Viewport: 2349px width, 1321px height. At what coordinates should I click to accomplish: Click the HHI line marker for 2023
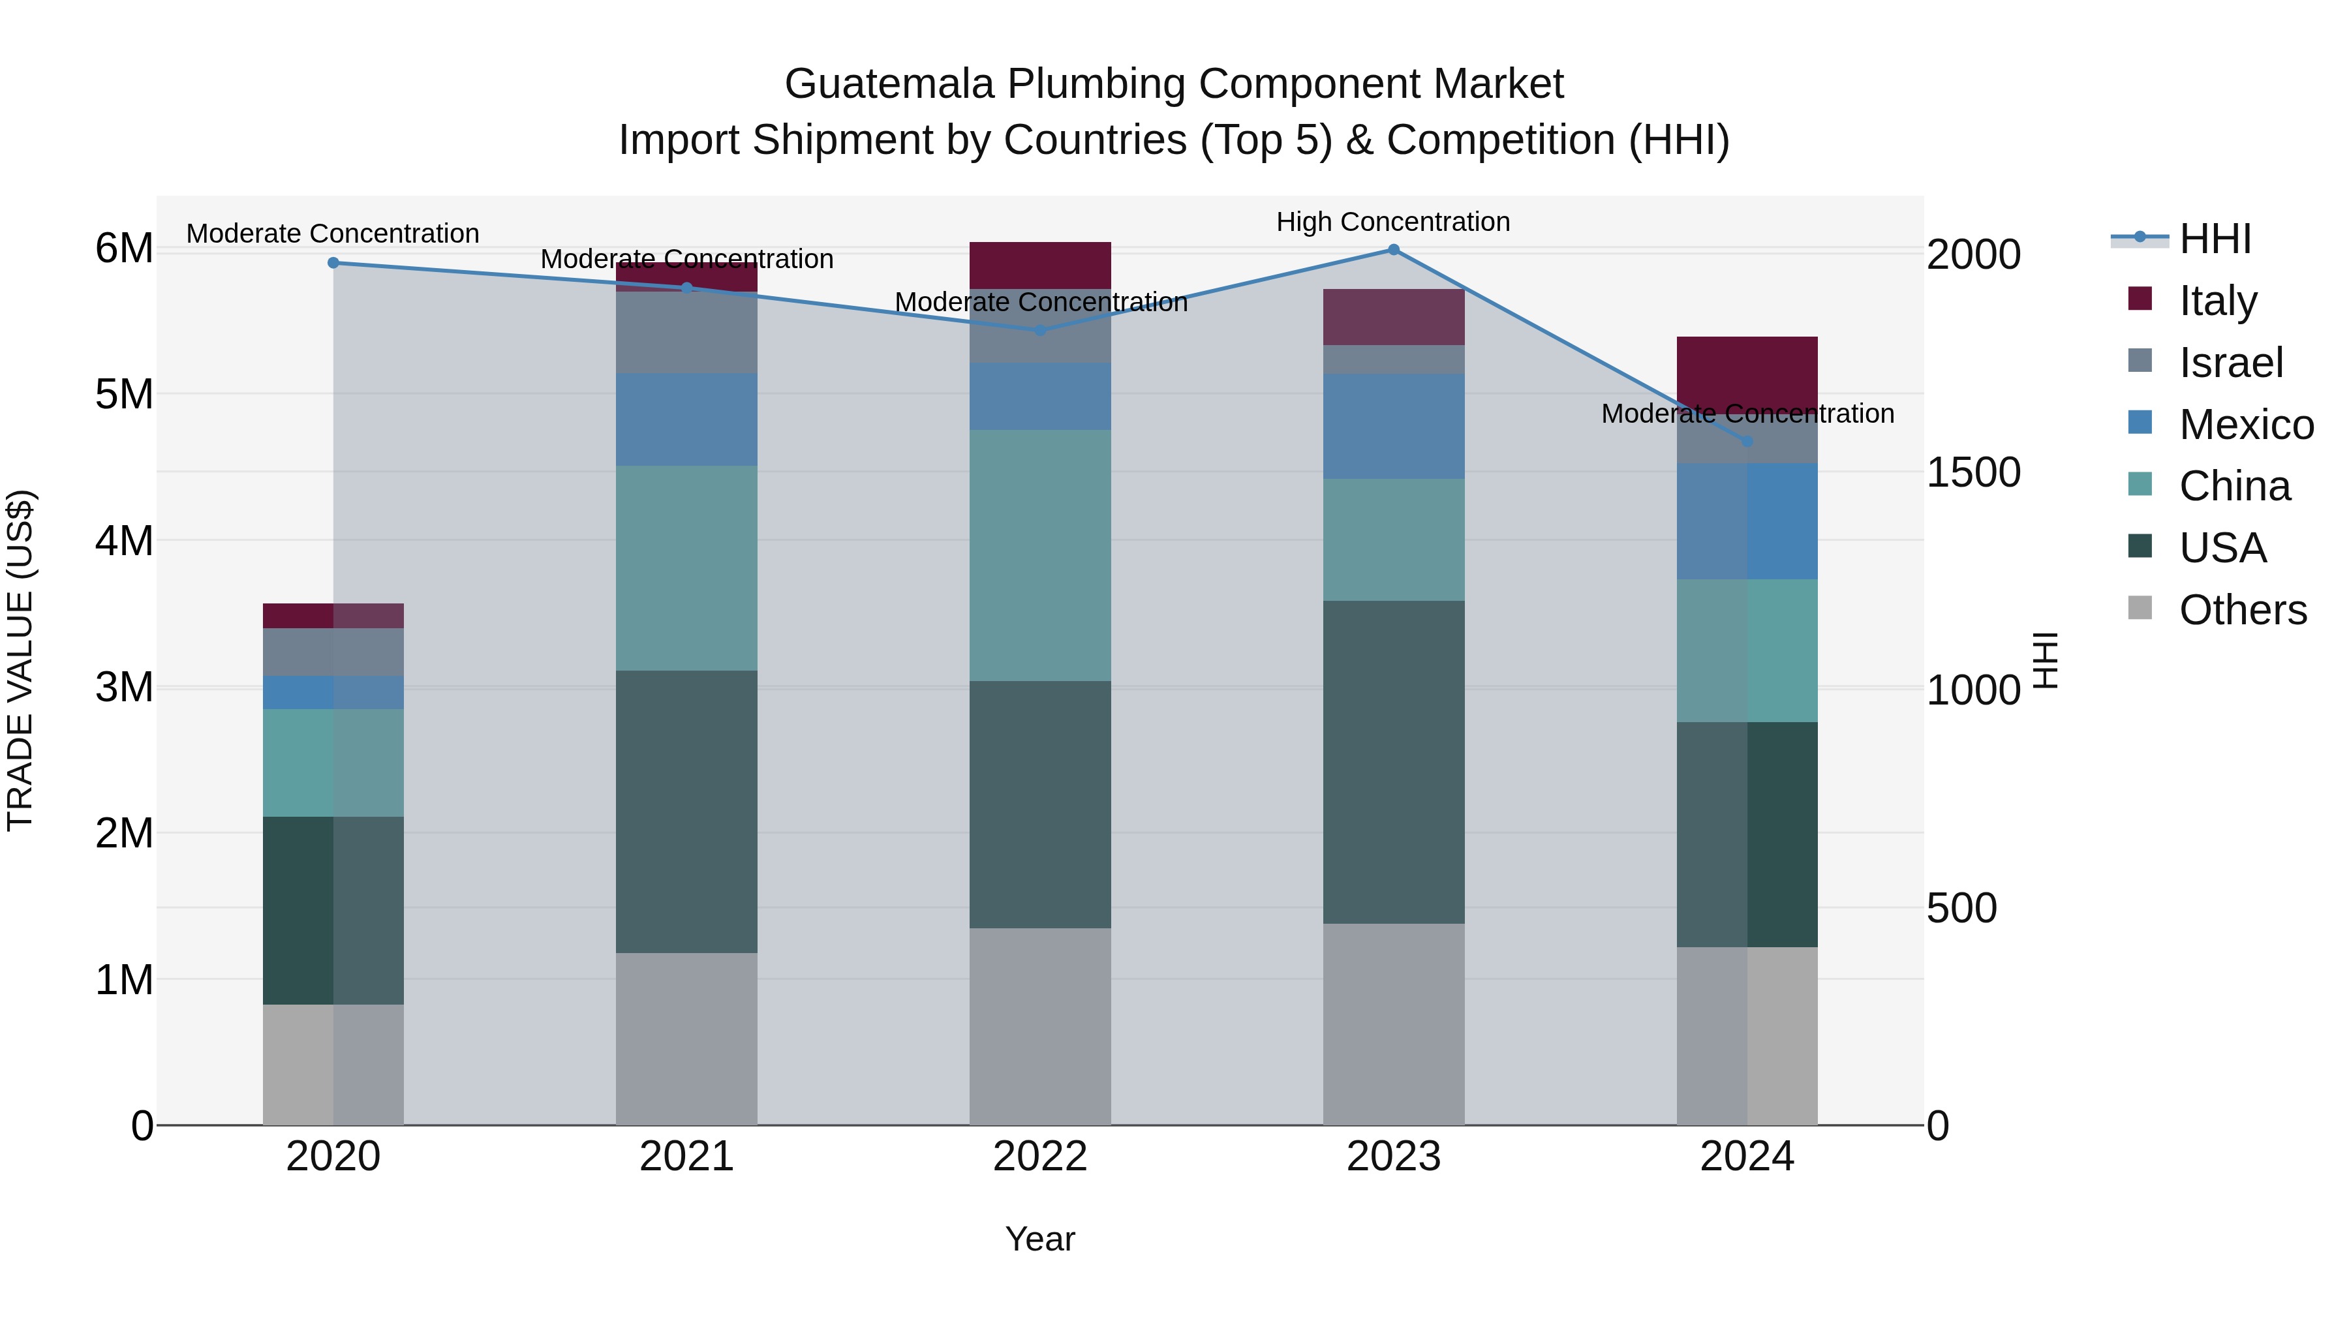(x=1393, y=250)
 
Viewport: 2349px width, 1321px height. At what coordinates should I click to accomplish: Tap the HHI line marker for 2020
(x=333, y=262)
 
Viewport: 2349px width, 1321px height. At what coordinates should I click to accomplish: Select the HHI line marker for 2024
(x=1747, y=441)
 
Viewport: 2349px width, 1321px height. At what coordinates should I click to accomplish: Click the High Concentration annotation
(x=1392, y=222)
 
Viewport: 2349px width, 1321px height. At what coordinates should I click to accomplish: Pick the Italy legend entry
(x=2218, y=300)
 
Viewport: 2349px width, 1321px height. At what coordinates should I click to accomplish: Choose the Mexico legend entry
(x=2246, y=424)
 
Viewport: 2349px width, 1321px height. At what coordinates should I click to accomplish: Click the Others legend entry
(x=2242, y=610)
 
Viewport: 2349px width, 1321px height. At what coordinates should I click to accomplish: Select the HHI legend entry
(x=2215, y=239)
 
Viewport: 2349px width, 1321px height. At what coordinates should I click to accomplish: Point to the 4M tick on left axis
(x=125, y=541)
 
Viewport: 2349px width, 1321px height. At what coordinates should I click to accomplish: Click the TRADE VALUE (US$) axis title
(x=20, y=660)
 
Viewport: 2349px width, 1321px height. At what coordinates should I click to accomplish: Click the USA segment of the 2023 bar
(x=1393, y=761)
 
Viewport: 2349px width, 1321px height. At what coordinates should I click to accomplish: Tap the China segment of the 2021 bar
(x=686, y=568)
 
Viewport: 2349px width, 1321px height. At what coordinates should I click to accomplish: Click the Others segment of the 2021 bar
(x=686, y=1039)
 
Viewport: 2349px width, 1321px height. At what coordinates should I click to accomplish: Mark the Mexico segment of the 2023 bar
(x=1393, y=426)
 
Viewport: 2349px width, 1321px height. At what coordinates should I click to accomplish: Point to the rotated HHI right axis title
(x=2047, y=660)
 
